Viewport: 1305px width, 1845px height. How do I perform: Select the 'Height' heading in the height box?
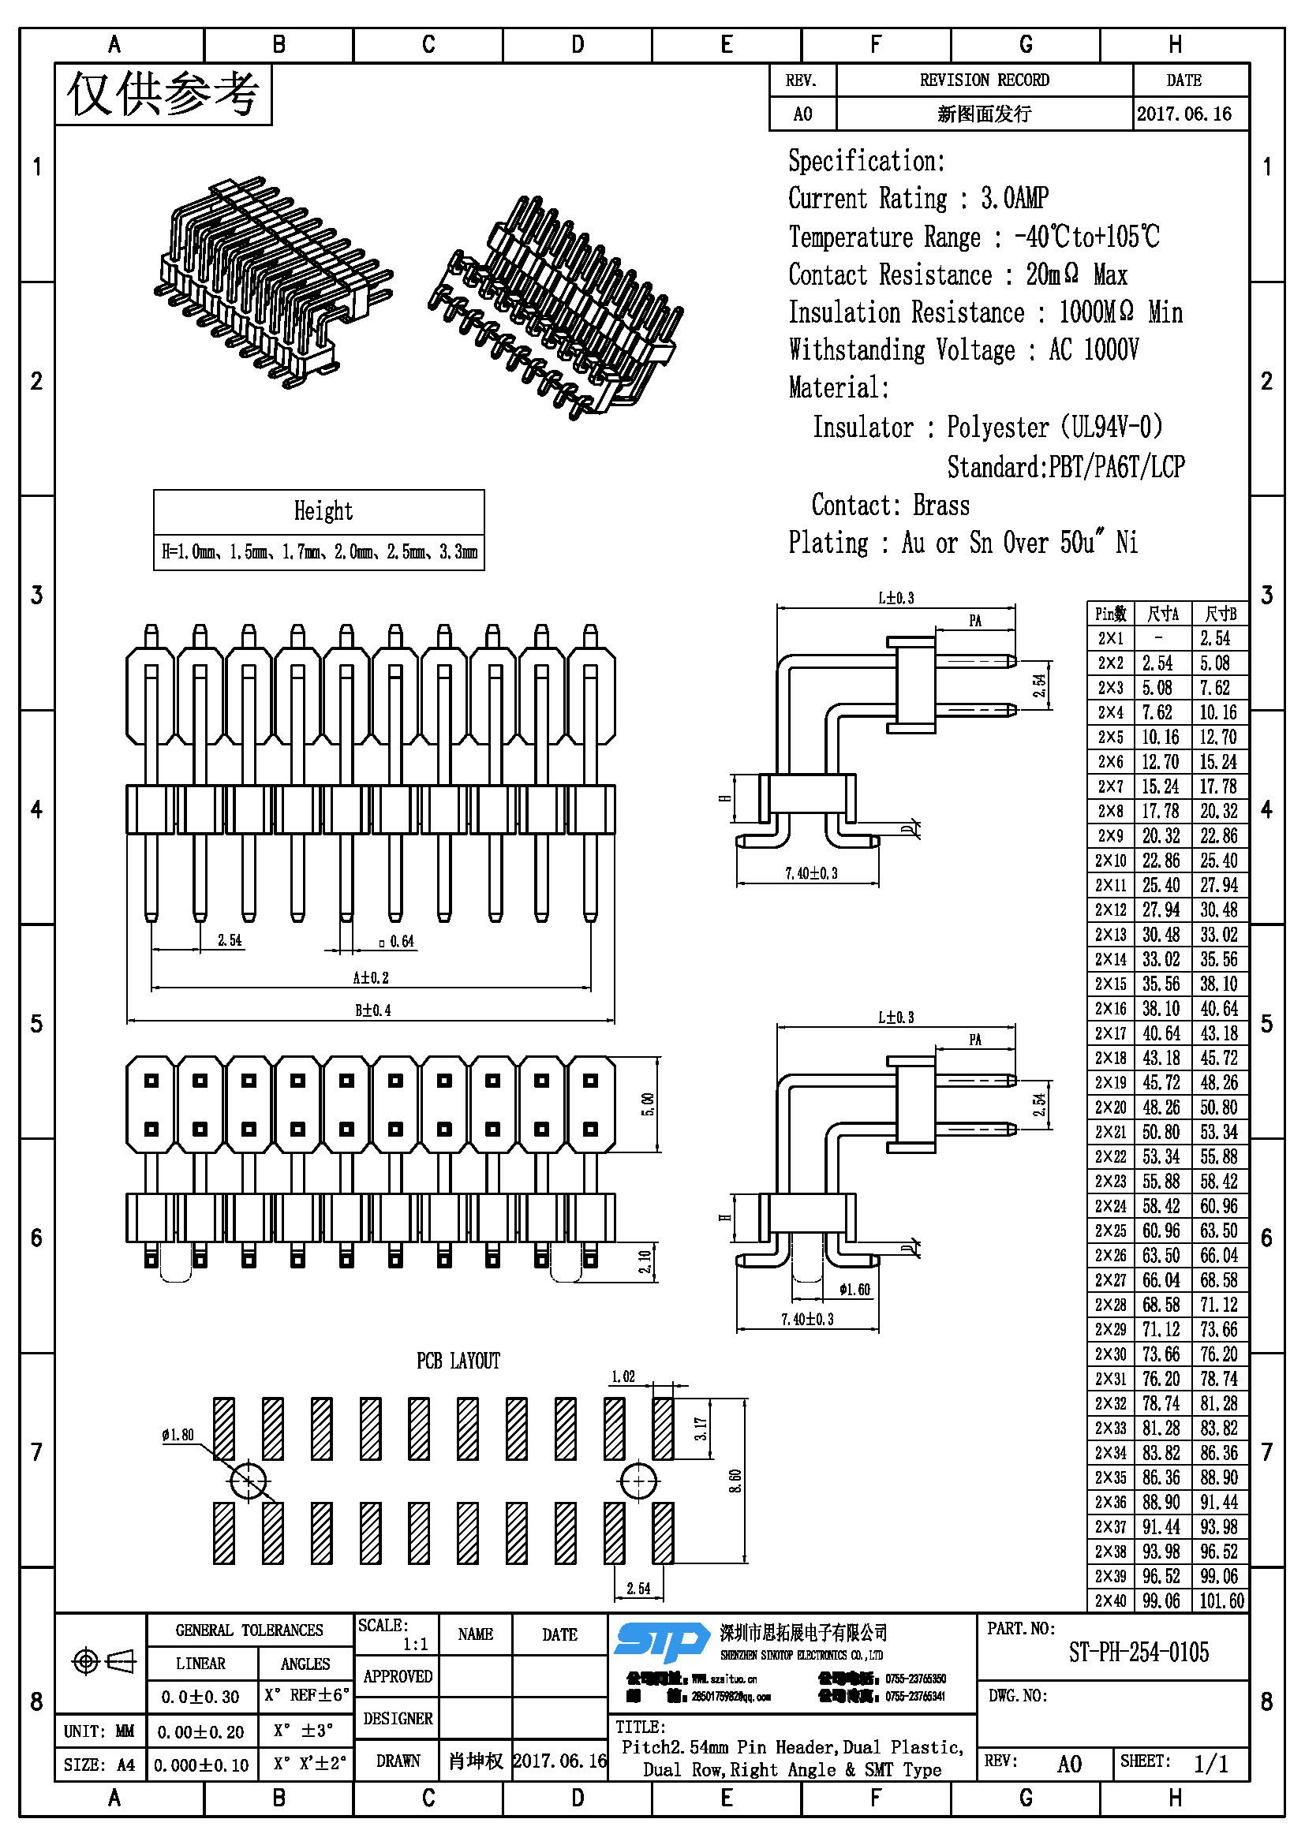pos(322,511)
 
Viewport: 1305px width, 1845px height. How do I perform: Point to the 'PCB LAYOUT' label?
pos(458,1361)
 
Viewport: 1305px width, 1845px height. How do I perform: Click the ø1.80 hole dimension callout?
pos(178,1434)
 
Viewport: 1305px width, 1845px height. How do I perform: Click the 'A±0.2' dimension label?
pos(371,977)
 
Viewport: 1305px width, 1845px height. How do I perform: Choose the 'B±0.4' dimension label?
pos(373,1010)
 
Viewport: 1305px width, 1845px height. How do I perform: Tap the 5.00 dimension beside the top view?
pos(649,1104)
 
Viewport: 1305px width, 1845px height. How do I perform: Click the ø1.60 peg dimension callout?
pos(854,1290)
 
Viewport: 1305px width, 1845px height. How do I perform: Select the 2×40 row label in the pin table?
pos(1110,1600)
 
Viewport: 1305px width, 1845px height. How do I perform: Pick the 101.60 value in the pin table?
pos(1221,1600)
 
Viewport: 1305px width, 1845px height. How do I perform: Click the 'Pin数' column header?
pos(1111,614)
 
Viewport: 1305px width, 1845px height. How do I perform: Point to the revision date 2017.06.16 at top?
pos(1183,114)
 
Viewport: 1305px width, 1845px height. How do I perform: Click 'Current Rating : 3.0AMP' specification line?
pos(918,198)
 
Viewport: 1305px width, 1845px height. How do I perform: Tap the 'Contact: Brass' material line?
pos(890,505)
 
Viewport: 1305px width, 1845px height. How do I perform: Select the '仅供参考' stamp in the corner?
pos(163,94)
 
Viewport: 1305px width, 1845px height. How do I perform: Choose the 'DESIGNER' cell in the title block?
pos(398,1718)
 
